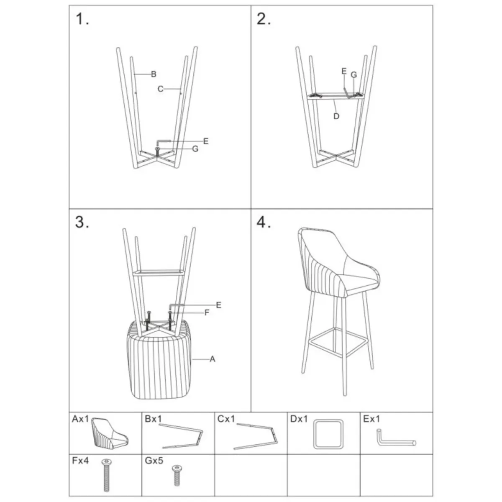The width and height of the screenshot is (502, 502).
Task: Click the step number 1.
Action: (82, 19)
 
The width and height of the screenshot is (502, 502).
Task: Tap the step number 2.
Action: (264, 19)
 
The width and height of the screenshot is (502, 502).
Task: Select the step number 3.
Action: (82, 222)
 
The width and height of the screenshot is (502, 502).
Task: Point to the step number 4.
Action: (264, 222)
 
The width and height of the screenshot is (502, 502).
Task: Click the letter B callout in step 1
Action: (154, 74)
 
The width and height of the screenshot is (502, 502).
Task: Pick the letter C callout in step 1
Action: (161, 89)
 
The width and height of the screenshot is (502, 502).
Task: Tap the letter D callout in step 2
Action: (336, 116)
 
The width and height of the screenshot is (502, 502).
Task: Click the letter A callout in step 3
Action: (213, 359)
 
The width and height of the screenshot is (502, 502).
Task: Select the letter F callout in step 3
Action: (207, 312)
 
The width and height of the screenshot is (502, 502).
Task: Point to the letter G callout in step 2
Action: (353, 75)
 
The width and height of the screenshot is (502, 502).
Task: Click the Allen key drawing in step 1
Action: (163, 142)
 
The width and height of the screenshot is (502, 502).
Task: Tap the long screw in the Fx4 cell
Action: (106, 475)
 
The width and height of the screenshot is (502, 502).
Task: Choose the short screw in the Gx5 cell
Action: (177, 475)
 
